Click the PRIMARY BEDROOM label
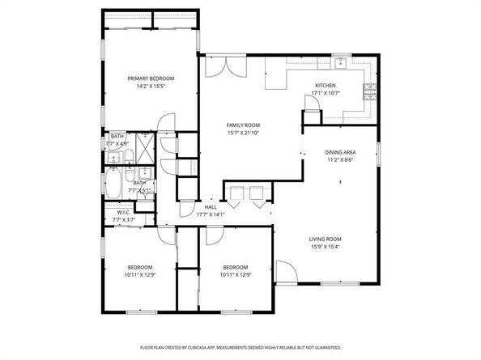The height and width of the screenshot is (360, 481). (x=151, y=78)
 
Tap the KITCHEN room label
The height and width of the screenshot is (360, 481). (x=326, y=85)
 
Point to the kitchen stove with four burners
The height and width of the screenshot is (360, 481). (x=371, y=90)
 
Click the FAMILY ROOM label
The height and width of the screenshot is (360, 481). (x=242, y=125)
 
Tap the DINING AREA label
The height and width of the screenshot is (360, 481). (x=340, y=152)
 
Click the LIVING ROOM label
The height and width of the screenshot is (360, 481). (x=324, y=239)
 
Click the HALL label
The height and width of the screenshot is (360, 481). (x=210, y=207)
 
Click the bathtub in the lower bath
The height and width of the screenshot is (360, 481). (x=114, y=184)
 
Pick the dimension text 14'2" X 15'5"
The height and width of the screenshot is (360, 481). (x=151, y=86)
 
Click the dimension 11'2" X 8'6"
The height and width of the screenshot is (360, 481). (x=340, y=159)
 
